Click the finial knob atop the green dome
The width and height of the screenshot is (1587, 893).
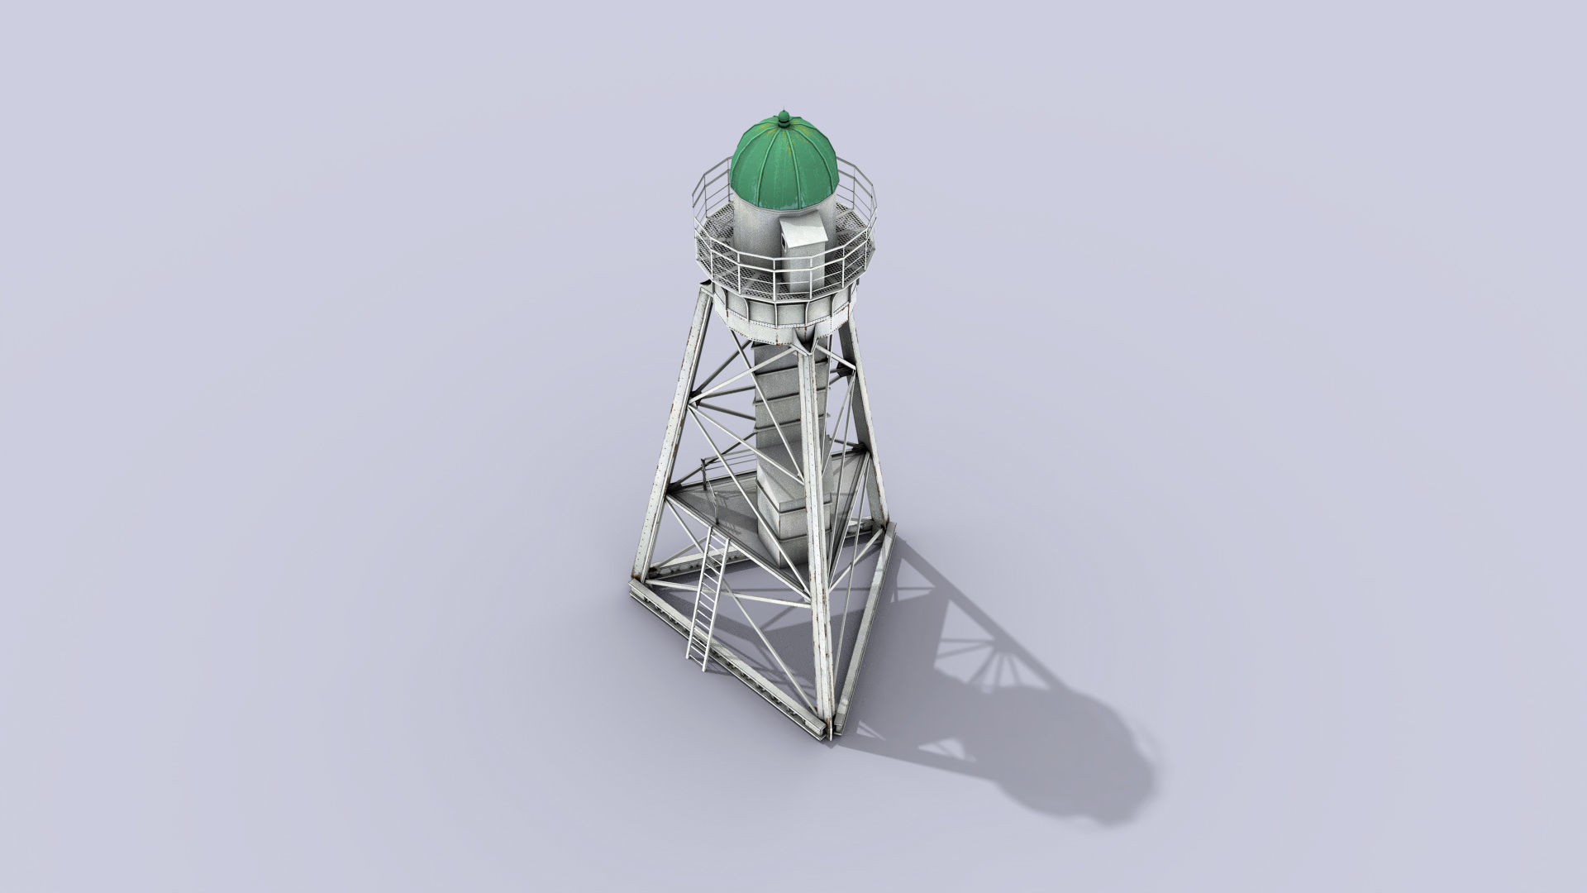tap(782, 118)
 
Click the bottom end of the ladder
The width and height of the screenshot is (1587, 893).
tap(695, 661)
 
